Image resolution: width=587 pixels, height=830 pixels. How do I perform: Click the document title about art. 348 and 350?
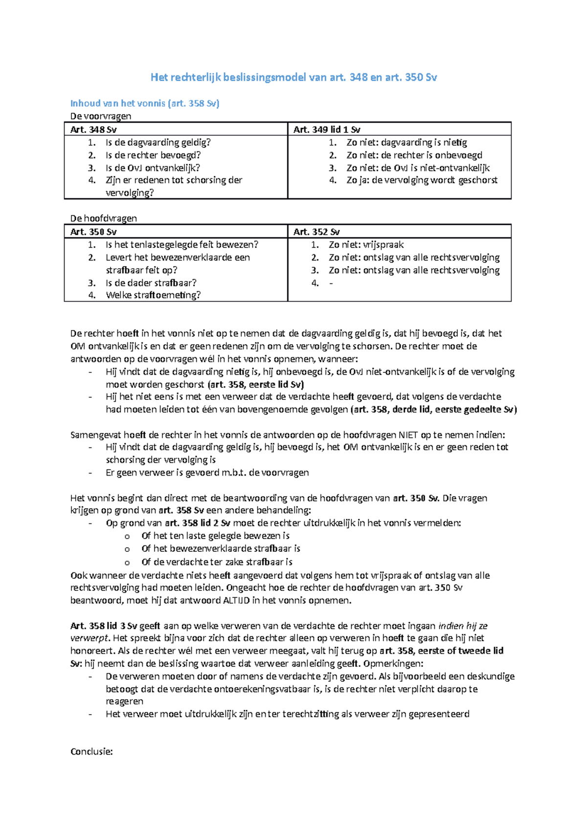(293, 77)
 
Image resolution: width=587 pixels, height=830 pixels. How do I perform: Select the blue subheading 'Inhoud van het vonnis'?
(145, 103)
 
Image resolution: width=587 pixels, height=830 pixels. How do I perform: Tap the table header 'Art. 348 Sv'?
(93, 130)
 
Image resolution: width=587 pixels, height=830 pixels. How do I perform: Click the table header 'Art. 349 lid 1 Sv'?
(327, 130)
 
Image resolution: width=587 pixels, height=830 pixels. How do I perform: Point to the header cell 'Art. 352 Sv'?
(316, 232)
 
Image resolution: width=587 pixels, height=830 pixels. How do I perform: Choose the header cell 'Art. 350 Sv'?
(93, 232)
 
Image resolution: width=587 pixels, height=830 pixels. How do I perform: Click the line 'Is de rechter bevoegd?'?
(153, 155)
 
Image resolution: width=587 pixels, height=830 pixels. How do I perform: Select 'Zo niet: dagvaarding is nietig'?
(406, 142)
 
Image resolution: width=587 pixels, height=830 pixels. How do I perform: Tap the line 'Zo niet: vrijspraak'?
(366, 244)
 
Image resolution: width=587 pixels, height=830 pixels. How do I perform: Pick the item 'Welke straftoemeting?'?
(153, 295)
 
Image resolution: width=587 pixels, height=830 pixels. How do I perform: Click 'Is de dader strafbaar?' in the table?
(151, 283)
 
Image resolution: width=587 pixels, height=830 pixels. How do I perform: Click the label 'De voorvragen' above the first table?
(101, 116)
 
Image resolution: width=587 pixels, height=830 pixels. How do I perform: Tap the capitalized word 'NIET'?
(408, 435)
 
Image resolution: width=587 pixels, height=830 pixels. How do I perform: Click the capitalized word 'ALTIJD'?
(236, 600)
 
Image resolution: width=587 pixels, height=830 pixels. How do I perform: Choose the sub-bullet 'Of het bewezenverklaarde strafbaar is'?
(221, 548)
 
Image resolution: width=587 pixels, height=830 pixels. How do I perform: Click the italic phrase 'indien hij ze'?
(463, 626)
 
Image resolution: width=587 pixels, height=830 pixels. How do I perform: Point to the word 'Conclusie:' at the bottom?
(91, 751)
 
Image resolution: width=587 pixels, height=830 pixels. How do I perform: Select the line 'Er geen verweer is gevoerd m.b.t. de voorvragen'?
(207, 473)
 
